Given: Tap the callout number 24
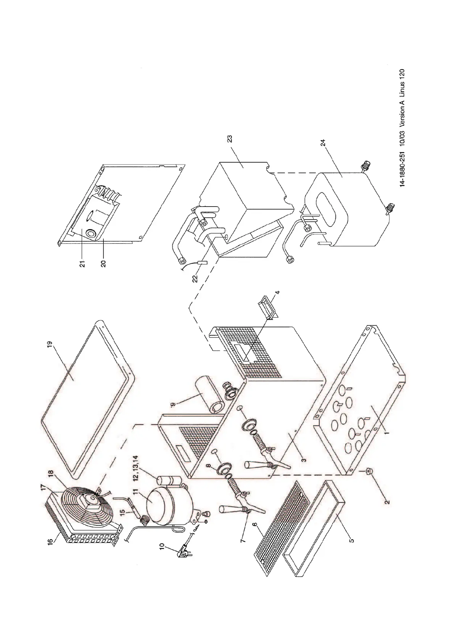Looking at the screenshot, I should point(323,143).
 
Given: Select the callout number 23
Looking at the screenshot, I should point(230,138).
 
